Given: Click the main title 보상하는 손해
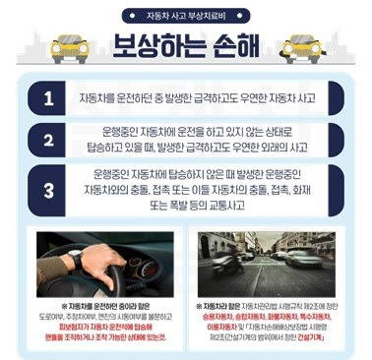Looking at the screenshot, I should coord(186,46).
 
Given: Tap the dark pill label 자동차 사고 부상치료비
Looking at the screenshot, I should coord(186,15).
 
